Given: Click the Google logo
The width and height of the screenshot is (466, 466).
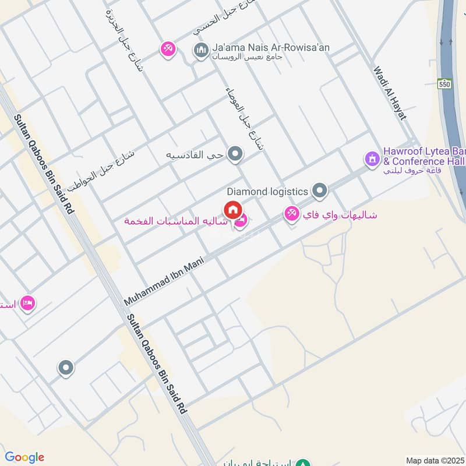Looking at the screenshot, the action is point(24,457).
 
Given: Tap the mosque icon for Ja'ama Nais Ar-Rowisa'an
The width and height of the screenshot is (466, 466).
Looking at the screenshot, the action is point(202,51).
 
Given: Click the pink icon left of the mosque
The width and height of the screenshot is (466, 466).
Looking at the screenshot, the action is point(168,50).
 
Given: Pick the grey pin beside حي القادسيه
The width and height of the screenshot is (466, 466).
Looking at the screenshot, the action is point(235,154).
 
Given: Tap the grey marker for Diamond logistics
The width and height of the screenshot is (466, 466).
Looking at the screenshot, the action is point(319,190).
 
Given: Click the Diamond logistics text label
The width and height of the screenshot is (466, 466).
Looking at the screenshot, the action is point(267,191).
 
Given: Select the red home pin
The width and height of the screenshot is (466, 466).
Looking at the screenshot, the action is point(232,210).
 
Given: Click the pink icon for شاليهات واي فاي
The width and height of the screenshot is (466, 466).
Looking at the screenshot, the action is point(291,214).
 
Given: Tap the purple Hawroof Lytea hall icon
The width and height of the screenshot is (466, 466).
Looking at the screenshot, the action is point(372,158).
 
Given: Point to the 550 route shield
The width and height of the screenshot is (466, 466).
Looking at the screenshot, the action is point(445,83).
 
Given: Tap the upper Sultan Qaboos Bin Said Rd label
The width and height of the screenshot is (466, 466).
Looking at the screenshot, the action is point(45,164).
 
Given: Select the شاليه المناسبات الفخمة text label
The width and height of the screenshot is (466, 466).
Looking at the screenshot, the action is point(175,221).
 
